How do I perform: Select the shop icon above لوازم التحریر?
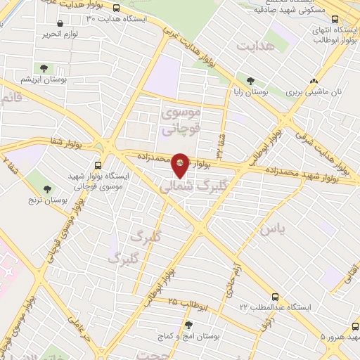[x=60, y=24]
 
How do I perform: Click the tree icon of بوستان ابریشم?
[x=44, y=69]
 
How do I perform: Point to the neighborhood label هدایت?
[x=254, y=46]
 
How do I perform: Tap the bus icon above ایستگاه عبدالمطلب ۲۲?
[x=274, y=297]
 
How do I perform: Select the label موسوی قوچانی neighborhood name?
[x=180, y=120]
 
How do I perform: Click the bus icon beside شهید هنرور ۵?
[x=352, y=337]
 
